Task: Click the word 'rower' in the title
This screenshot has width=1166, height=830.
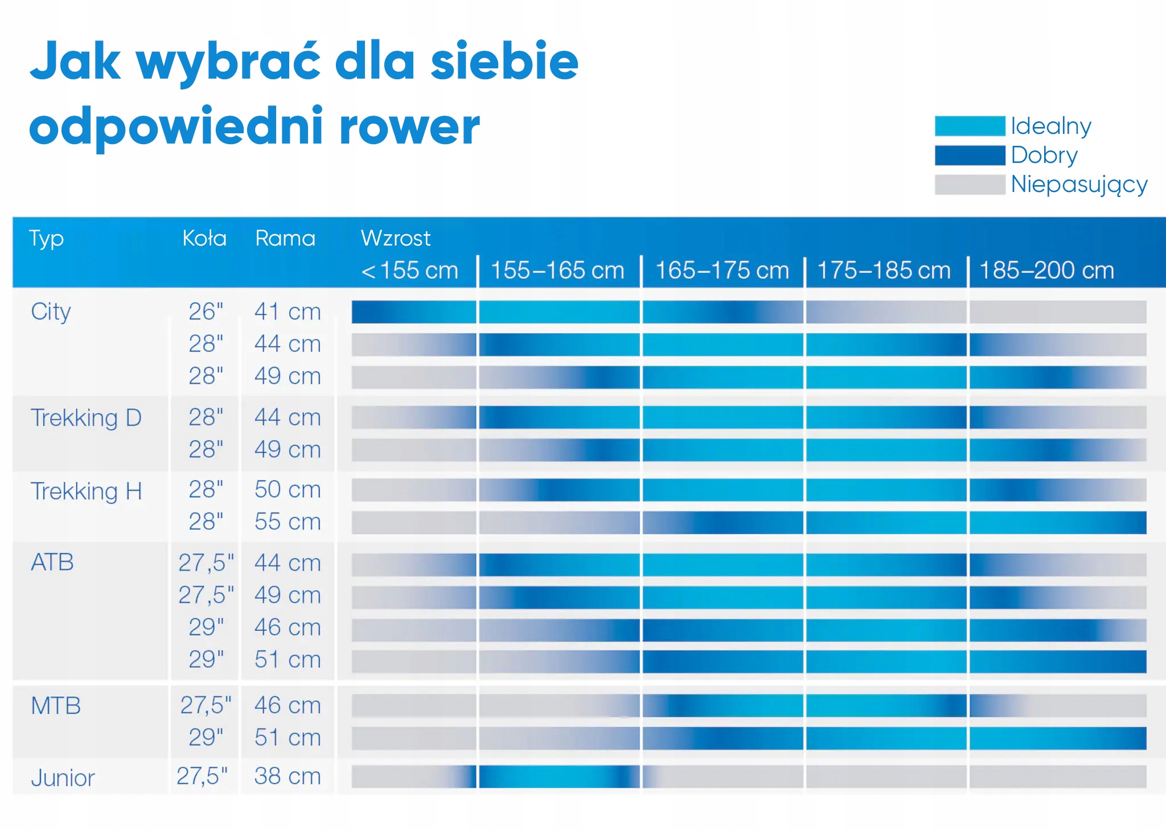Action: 409,126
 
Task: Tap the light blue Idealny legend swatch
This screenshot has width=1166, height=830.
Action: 970,126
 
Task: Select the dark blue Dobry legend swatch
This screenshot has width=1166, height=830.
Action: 970,155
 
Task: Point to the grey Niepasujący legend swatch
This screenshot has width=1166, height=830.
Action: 970,185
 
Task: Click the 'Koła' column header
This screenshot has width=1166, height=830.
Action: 204,238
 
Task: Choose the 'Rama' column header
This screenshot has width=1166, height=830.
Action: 285,238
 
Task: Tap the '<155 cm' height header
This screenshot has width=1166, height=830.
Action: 409,270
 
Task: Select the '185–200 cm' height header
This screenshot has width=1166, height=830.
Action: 1046,270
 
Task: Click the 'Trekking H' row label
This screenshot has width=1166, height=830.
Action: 86,491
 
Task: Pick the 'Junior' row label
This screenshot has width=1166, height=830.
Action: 63,778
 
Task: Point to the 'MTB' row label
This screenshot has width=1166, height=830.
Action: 56,706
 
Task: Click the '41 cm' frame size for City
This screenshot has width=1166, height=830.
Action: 288,312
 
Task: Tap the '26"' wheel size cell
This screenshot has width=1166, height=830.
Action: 206,312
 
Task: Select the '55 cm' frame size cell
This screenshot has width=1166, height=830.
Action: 288,522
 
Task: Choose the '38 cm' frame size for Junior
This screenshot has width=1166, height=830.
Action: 288,776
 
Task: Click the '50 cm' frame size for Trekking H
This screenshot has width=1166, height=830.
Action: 288,489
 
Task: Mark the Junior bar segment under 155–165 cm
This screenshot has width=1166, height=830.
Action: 559,776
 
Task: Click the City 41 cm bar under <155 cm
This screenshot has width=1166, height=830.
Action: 414,312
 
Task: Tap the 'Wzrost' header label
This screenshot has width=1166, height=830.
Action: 396,238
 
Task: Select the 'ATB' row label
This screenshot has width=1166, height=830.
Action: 52,562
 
